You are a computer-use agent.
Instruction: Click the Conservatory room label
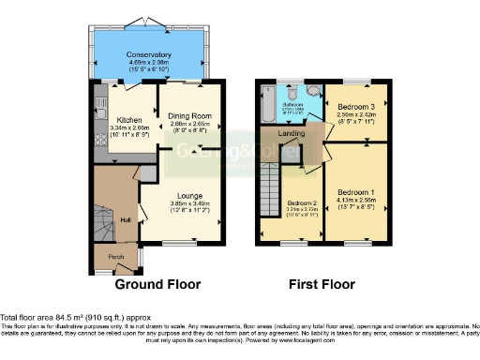[x=148, y=55]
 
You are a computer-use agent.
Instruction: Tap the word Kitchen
[x=128, y=120]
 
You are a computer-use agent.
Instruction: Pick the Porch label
[x=115, y=256]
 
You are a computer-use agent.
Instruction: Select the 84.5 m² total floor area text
[x=74, y=317]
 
